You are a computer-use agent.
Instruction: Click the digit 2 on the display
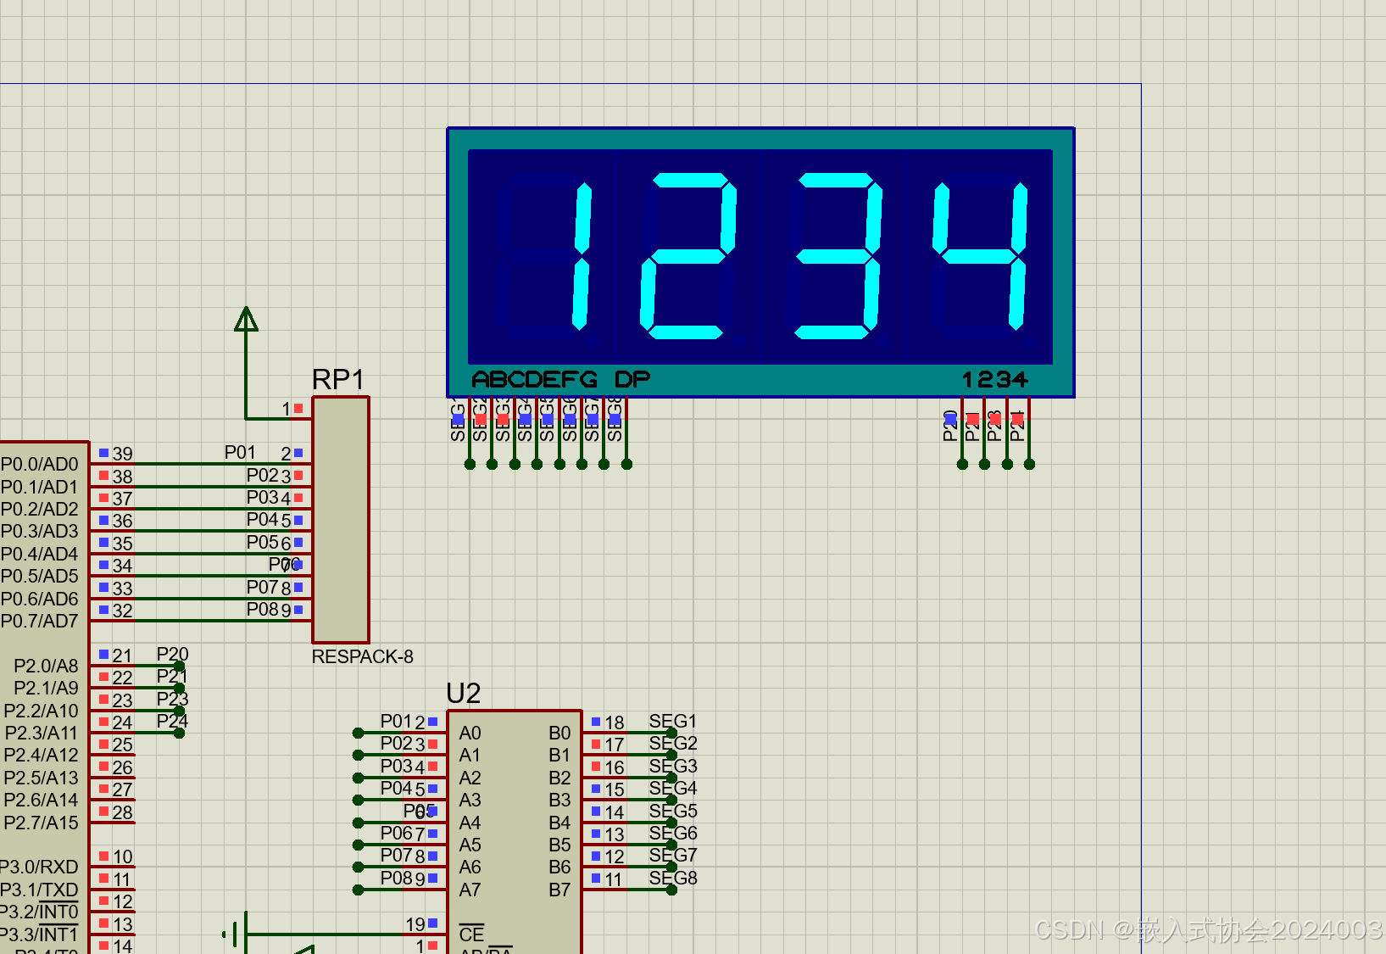(687, 255)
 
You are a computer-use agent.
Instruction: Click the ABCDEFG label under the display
(534, 380)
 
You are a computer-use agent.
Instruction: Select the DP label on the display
(632, 380)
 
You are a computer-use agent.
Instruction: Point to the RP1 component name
(337, 380)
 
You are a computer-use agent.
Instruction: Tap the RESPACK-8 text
(362, 657)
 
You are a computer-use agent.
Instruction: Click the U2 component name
(463, 694)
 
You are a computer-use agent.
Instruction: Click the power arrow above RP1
(246, 320)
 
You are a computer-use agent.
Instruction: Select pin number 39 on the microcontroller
(122, 455)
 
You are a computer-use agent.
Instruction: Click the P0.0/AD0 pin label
(39, 465)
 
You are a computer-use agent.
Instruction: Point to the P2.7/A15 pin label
(41, 823)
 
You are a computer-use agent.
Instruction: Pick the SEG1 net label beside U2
(672, 722)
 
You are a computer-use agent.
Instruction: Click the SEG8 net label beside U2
(672, 879)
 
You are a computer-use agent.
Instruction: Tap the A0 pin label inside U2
(470, 734)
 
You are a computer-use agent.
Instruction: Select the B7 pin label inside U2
(559, 890)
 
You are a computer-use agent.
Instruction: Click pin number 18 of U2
(614, 723)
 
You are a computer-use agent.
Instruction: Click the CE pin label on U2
(471, 934)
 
